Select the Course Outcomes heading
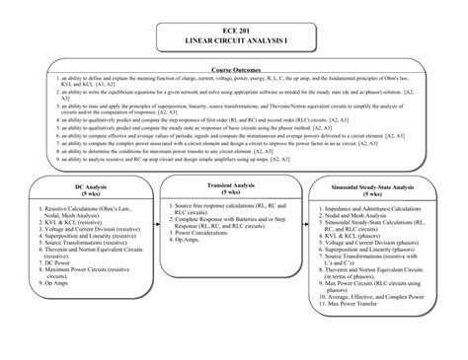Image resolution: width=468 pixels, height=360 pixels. pos(234,70)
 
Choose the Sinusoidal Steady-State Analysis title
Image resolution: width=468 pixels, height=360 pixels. pos(374,186)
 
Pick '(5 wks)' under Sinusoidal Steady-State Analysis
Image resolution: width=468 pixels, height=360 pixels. pos(374,194)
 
